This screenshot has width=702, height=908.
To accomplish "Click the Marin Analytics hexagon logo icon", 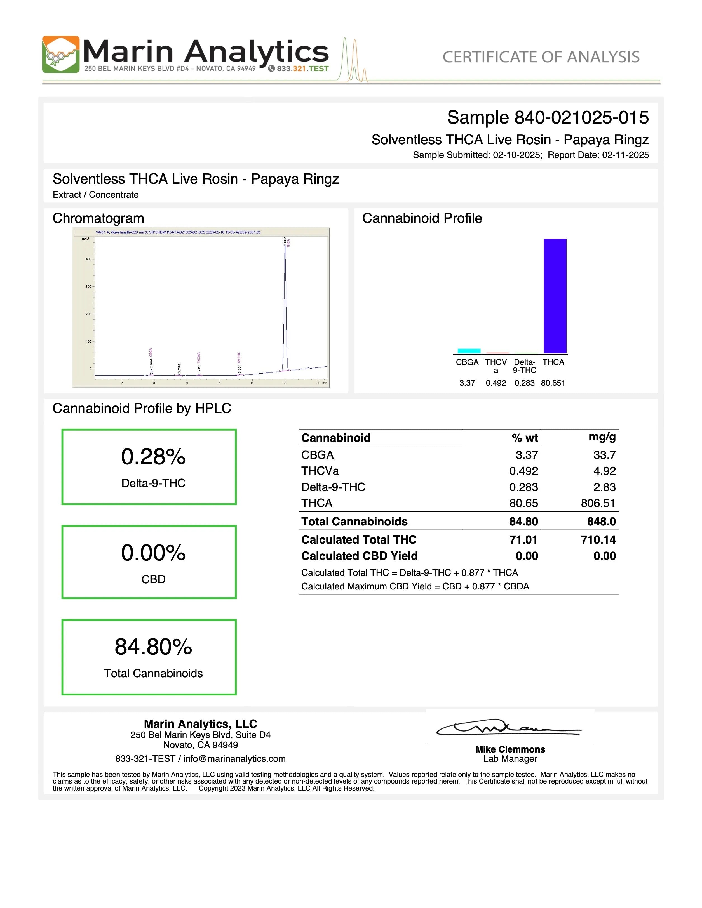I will click(61, 55).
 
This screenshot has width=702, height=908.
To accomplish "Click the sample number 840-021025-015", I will click(581, 118).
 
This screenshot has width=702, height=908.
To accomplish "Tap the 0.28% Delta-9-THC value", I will click(153, 456).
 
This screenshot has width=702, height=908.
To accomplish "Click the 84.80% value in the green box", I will click(153, 647).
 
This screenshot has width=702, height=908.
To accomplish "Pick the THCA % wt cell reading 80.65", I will click(523, 503).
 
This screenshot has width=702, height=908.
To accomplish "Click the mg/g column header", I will click(602, 437).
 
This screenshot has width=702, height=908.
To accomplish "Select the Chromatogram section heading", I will click(98, 218).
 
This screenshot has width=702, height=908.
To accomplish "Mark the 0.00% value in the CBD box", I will click(153, 553).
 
